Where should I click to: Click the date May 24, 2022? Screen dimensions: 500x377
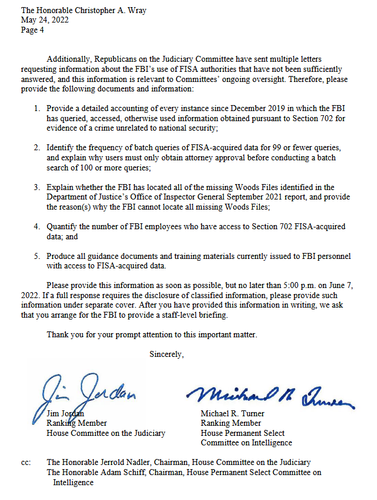tap(45, 20)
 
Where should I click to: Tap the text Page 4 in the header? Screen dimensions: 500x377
tap(33, 29)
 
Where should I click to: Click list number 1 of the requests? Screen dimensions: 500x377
tap(37, 109)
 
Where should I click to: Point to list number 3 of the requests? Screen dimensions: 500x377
tap(37, 187)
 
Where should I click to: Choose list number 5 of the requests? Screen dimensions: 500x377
tap(37, 256)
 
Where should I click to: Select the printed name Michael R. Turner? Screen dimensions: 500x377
tap(232, 413)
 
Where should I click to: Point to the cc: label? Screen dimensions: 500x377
tap(26, 462)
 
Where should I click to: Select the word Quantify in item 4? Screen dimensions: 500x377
tap(63, 226)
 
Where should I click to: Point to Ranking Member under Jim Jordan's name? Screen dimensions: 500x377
tap(77, 423)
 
